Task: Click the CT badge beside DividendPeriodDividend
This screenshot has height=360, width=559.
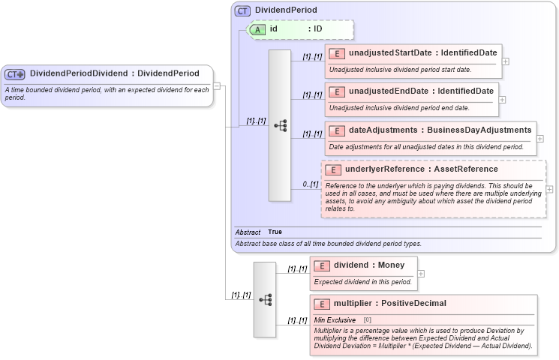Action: tap(15, 73)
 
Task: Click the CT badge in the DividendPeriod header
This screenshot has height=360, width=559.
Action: tap(243, 10)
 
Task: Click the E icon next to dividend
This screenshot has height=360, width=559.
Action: tap(321, 265)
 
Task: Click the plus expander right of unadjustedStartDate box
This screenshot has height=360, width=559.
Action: tap(505, 61)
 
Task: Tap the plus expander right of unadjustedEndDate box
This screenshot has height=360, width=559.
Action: tap(502, 99)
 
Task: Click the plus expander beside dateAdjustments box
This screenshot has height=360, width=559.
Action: tap(540, 139)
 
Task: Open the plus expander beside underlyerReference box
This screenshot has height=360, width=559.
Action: tap(549, 190)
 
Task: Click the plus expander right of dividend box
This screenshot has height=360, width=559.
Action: tap(421, 273)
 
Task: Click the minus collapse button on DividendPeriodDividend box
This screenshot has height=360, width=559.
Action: tap(217, 85)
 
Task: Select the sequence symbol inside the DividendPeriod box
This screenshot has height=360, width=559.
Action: tap(280, 125)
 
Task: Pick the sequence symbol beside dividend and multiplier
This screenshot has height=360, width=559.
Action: tap(265, 298)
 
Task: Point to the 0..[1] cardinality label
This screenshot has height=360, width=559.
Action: tap(310, 184)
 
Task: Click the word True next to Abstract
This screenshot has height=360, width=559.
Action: tap(276, 232)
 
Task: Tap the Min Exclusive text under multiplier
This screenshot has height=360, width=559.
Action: tap(335, 319)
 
